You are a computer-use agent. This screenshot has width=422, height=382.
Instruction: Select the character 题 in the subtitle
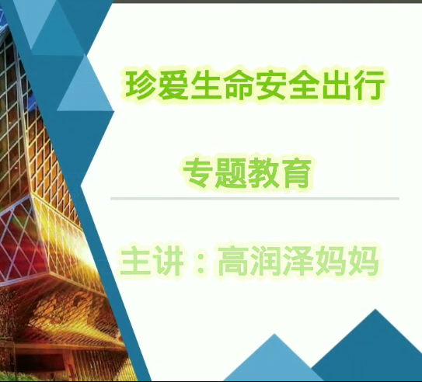[231, 172]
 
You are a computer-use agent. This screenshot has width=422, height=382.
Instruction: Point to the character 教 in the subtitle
[263, 172]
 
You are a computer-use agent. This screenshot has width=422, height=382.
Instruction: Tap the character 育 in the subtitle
[296, 172]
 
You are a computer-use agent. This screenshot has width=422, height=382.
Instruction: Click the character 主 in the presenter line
[135, 261]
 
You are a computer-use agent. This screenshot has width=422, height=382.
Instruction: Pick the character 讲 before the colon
[168, 261]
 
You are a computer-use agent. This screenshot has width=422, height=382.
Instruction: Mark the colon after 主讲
[201, 262]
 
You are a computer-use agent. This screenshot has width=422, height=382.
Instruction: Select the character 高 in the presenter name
[233, 261]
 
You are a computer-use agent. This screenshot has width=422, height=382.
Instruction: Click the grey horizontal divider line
[255, 199]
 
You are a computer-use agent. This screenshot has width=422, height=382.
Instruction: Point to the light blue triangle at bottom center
[274, 360]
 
